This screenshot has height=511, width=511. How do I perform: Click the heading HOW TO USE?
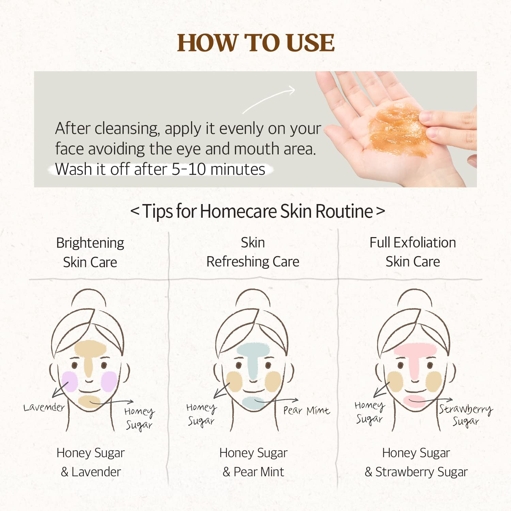coord(255,43)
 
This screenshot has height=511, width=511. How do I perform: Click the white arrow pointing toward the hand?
coord(269,99)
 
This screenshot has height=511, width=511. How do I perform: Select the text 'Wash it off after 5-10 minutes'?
coord(160,169)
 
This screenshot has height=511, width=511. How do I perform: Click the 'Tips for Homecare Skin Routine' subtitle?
coord(258,211)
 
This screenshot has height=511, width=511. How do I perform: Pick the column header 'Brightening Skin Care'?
coord(90,252)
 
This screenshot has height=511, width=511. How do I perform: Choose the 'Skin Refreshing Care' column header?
coord(253,252)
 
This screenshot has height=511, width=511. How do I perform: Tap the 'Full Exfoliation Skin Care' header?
coord(413,252)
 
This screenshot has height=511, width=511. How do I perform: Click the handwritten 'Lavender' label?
coord(44,407)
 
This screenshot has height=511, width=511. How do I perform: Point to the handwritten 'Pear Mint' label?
coord(307,411)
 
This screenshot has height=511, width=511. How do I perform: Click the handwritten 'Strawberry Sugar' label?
coord(466,415)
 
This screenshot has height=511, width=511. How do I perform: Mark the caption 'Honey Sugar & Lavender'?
coord(91,462)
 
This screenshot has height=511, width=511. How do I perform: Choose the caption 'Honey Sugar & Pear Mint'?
coord(253,462)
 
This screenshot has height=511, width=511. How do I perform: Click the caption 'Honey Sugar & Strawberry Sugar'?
coord(416,462)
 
